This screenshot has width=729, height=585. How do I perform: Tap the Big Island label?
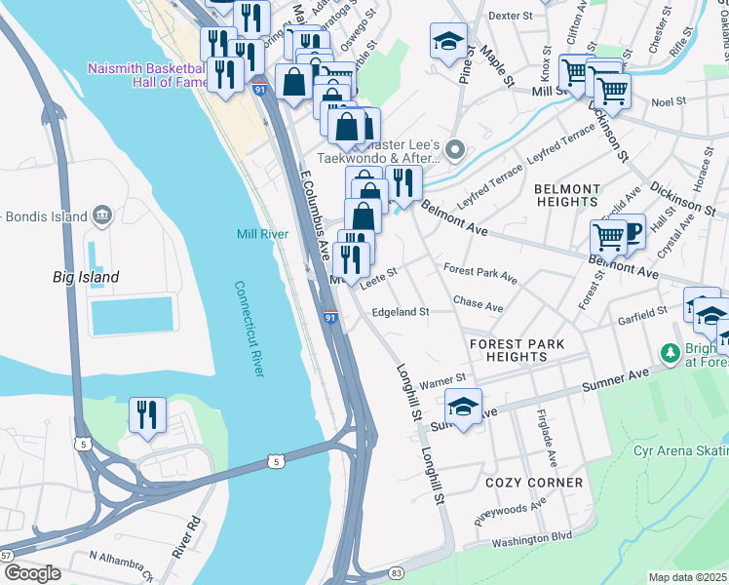(86, 278)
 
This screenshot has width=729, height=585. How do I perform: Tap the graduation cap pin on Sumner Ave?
(464, 406)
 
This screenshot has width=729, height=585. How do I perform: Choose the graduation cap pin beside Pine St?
(448, 42)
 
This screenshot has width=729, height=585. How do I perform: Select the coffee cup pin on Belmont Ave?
(630, 232)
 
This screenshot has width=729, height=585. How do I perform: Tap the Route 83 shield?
(396, 572)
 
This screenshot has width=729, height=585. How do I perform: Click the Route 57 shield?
(5, 555)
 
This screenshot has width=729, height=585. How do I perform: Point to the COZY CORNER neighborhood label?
(534, 484)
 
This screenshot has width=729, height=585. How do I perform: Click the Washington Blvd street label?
(531, 537)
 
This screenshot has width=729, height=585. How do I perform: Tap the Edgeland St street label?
(401, 312)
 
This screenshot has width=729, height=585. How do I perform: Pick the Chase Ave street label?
(479, 306)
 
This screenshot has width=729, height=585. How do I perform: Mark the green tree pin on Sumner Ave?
(669, 351)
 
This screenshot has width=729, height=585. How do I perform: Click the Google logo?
(31, 573)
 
